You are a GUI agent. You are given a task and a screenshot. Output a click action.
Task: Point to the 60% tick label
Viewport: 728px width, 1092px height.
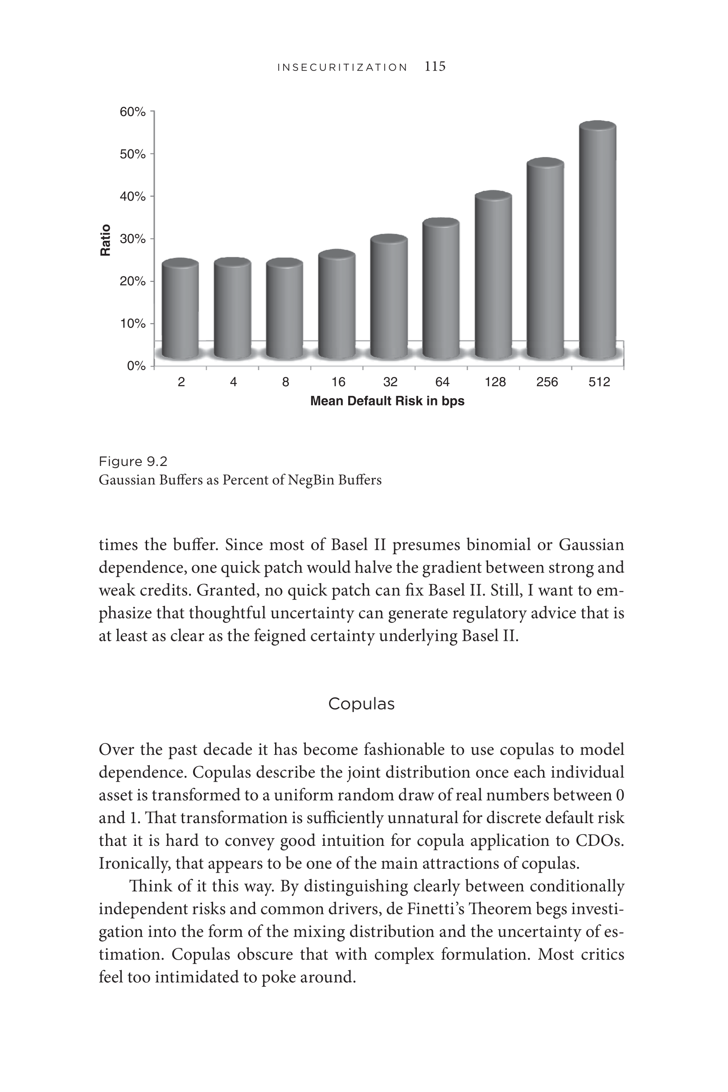pos(133,112)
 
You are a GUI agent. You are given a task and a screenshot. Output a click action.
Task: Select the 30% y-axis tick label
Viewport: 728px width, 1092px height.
pos(133,239)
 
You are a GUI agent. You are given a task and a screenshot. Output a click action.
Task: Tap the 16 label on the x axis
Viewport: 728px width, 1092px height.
pos(338,382)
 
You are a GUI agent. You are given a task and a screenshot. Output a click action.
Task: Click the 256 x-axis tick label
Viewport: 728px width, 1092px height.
pos(547,382)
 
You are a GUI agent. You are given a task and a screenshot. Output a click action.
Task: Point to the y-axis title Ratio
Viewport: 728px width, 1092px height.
pos(106,239)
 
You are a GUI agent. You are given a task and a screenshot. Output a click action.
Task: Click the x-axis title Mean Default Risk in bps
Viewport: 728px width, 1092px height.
pos(387,401)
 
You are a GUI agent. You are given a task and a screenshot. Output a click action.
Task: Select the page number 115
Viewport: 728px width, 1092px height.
pos(435,66)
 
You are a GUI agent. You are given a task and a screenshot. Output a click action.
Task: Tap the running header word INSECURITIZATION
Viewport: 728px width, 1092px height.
pos(342,68)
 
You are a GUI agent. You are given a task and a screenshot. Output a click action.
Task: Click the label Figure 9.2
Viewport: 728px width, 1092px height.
pos(133,462)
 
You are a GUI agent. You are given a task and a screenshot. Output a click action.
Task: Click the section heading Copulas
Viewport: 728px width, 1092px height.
pos(361,704)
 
